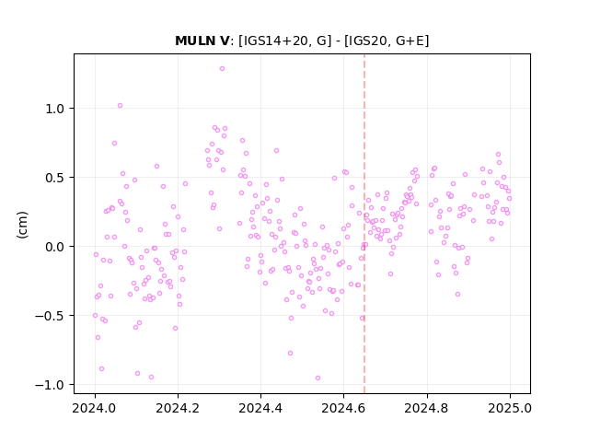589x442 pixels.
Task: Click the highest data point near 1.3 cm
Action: click(222, 69)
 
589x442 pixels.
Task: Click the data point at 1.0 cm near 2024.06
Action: click(120, 106)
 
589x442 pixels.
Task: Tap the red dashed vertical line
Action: click(364, 224)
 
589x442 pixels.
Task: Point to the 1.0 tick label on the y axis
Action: click(56, 109)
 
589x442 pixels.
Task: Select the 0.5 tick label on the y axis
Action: click(56, 178)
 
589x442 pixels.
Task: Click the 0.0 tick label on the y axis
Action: click(56, 247)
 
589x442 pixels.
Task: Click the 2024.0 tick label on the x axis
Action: click(95, 408)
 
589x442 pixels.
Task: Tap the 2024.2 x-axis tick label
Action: click(178, 408)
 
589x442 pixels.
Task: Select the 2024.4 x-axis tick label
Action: click(260, 408)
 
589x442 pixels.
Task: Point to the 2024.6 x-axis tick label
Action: click(343, 408)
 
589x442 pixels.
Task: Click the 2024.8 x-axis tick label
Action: click(427, 408)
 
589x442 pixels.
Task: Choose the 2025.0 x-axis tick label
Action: click(510, 408)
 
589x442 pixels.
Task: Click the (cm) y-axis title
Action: click(22, 225)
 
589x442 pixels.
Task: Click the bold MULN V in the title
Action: click(202, 41)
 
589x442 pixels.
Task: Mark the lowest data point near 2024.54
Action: click(318, 378)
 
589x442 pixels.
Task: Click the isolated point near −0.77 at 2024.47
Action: click(290, 354)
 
